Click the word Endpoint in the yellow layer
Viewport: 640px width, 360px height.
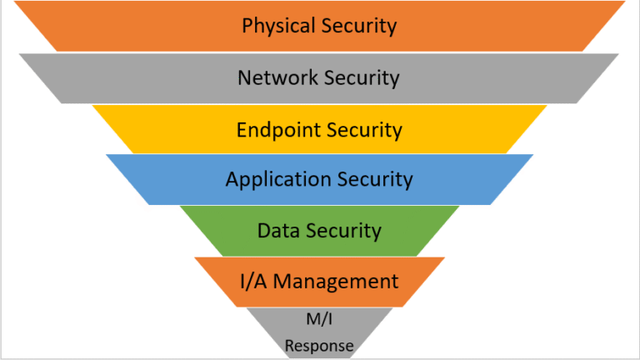click(x=275, y=130)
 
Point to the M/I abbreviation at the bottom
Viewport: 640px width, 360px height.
click(x=319, y=317)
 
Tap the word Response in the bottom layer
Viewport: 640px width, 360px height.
click(x=319, y=345)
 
